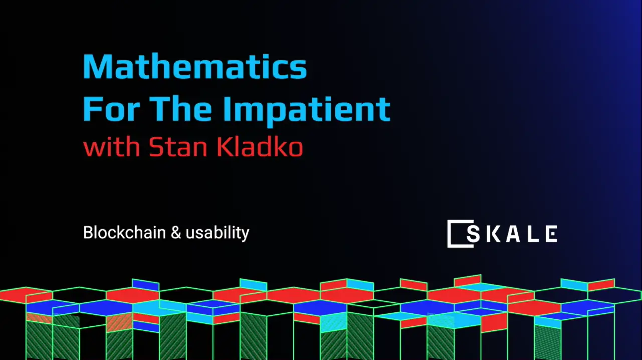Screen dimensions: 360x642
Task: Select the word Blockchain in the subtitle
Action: coord(124,233)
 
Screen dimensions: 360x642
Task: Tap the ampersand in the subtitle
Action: coord(175,233)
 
